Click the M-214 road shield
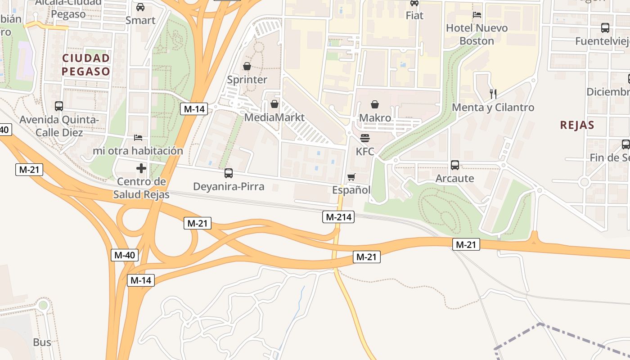click(338, 217)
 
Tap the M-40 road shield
click(124, 255)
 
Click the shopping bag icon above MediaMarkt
click(274, 104)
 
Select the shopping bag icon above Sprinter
click(247, 67)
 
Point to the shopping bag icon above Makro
click(375, 105)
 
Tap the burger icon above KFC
click(365, 138)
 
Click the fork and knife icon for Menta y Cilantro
click(493, 94)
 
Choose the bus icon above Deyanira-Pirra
click(229, 173)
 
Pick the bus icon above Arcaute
click(455, 165)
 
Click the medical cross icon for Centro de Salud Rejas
click(141, 168)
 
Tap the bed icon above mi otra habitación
click(138, 137)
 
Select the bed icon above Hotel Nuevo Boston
click(477, 15)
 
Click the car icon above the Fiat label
click(414, 3)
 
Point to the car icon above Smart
click(140, 7)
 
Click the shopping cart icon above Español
click(351, 177)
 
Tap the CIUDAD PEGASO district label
click(85, 65)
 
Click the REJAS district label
click(577, 125)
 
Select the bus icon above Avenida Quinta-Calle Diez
click(59, 106)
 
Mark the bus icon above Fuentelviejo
click(605, 28)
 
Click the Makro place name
click(375, 118)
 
